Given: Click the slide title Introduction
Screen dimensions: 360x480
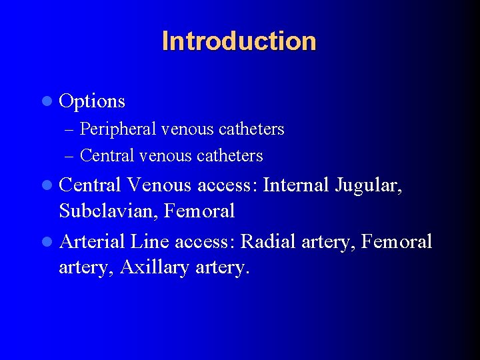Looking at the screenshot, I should pos(239,41).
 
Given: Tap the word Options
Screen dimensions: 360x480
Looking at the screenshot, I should pos(92,101).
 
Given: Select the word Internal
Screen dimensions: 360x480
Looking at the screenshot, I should pos(296,184).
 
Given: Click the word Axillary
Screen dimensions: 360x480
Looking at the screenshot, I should pos(155,268).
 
